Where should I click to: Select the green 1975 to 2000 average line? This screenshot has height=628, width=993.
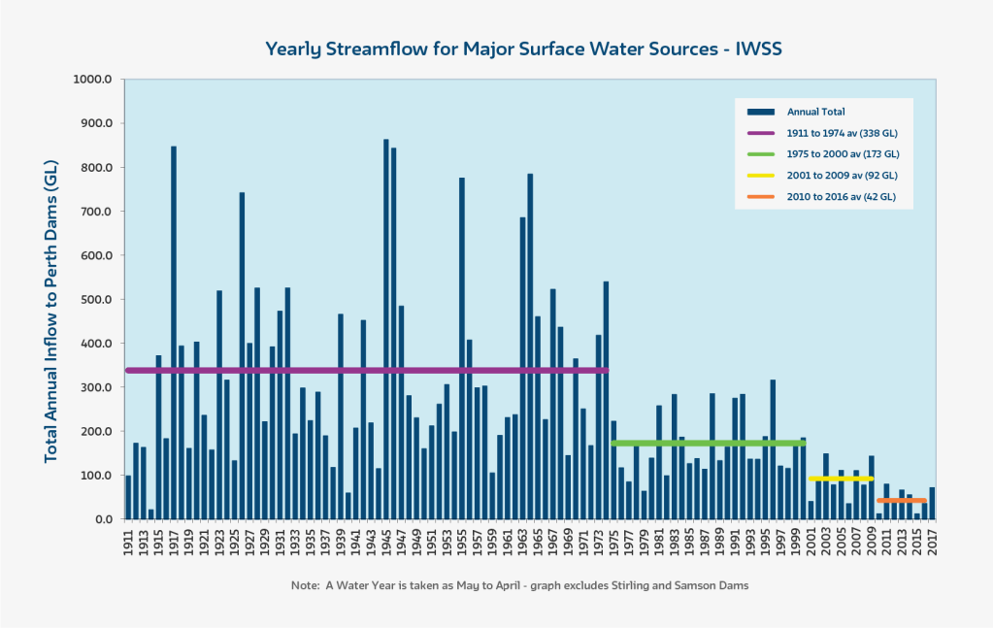click(709, 444)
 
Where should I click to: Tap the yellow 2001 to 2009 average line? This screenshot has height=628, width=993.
click(841, 479)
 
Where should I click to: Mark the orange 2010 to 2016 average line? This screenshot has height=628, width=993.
click(902, 501)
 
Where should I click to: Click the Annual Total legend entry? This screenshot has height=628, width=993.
click(815, 112)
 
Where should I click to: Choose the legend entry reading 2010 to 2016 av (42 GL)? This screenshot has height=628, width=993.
click(841, 197)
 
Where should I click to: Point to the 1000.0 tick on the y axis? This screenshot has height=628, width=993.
click(94, 80)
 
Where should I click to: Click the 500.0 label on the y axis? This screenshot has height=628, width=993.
click(96, 299)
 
